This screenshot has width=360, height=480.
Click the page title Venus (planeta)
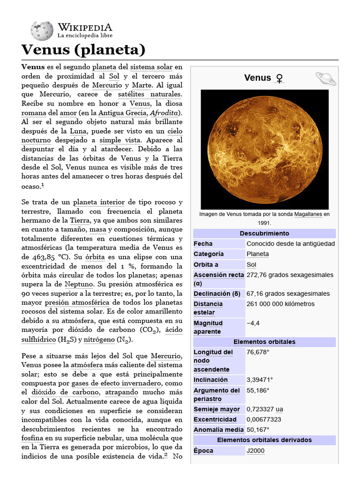[x=83, y=50]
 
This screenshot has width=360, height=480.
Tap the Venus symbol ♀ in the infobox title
[x=279, y=78]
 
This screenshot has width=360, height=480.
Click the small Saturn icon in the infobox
[x=325, y=78]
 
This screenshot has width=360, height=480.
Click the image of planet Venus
[x=264, y=149]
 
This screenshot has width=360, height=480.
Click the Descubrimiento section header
[x=264, y=233]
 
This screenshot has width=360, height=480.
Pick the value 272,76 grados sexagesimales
[x=290, y=275]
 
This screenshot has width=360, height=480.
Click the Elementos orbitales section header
[x=264, y=342]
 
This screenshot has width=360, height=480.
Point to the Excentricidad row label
[x=215, y=420]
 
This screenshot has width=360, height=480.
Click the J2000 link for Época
[x=255, y=451]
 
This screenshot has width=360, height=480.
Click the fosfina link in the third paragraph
[x=32, y=438]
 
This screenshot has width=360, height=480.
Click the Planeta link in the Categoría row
[x=258, y=254]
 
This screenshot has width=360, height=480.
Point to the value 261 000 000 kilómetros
[x=280, y=304]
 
